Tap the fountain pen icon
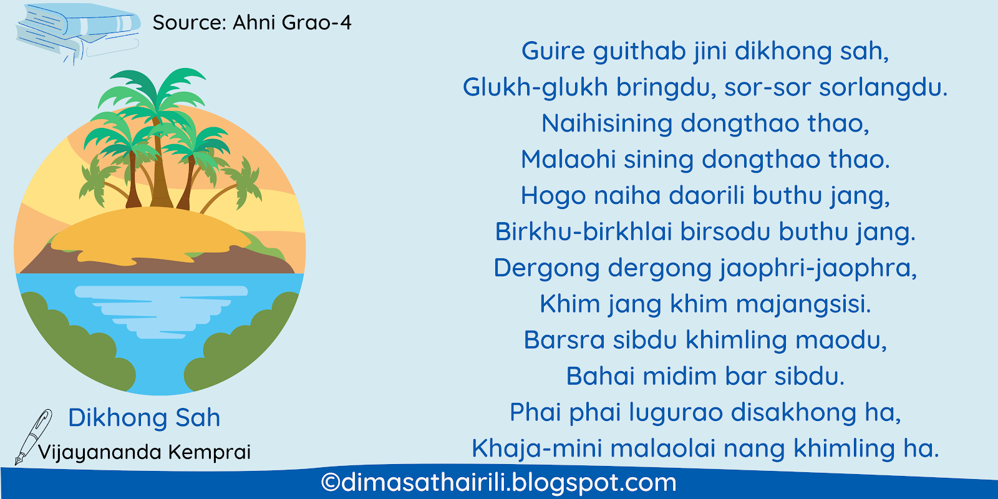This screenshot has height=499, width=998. [x=34, y=437]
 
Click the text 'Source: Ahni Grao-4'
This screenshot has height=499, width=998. [x=252, y=22]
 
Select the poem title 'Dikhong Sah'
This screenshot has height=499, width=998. [x=144, y=418]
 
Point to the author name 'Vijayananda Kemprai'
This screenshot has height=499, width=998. [x=144, y=452]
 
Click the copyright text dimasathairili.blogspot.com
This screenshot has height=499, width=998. [x=498, y=483]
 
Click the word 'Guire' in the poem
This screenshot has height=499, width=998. [x=553, y=51]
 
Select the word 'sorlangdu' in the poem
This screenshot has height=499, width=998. [x=879, y=87]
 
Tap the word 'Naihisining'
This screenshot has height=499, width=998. [x=606, y=124]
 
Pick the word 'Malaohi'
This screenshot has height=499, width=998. [x=568, y=159]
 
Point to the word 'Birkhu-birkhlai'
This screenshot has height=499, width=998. [x=583, y=231]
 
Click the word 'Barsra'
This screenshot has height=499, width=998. [x=564, y=340]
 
